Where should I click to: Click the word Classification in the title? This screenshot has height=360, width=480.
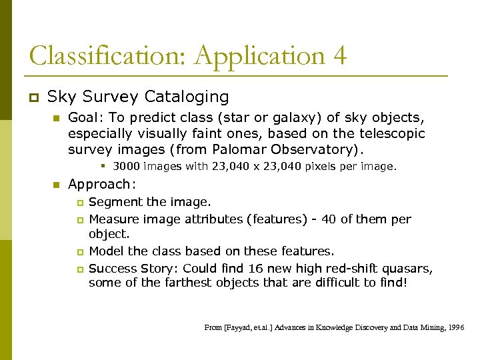pyautogui.click(x=105, y=56)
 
